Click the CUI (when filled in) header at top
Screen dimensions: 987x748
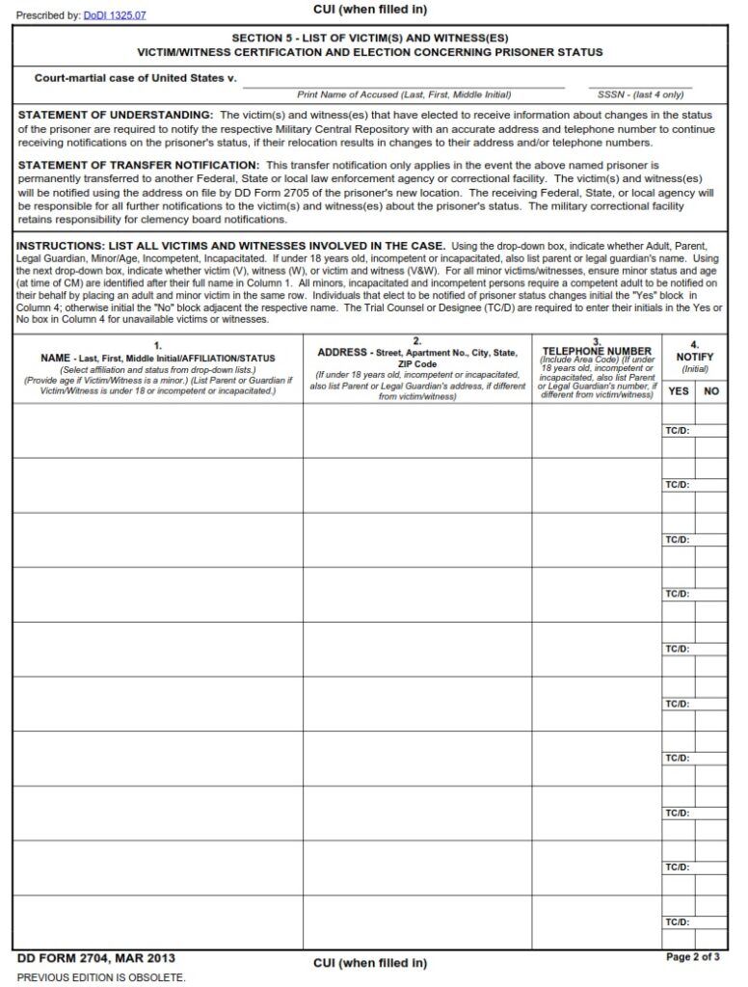[370, 10]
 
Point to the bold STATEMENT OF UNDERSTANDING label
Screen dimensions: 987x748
[116, 115]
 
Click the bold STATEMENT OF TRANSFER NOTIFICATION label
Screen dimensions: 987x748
[139, 165]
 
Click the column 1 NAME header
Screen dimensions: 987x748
[158, 358]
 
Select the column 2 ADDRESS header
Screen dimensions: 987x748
[417, 353]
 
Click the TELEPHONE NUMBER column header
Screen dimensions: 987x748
[597, 351]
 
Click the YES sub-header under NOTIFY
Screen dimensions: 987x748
[678, 391]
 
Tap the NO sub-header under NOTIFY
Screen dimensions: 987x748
[711, 391]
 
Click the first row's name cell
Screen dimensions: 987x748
[158, 430]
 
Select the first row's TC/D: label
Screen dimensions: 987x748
[677, 430]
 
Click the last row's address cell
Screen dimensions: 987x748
[417, 922]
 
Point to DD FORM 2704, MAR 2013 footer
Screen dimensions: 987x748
[96, 959]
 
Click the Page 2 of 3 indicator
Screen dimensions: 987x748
[692, 957]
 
